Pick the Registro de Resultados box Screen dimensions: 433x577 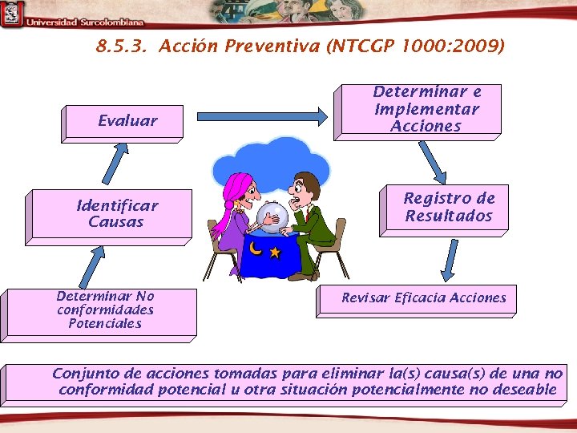pyautogui.click(x=449, y=207)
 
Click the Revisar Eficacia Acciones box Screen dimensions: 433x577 pyautogui.click(x=424, y=297)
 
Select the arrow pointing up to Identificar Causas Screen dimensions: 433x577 pyautogui.click(x=93, y=264)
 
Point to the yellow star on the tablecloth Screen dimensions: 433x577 pyautogui.click(x=276, y=253)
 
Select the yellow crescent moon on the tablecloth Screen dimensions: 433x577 pyautogui.click(x=256, y=249)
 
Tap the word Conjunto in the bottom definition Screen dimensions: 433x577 pyautogui.click(x=83, y=374)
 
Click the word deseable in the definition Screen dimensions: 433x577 pyautogui.click(x=525, y=390)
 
